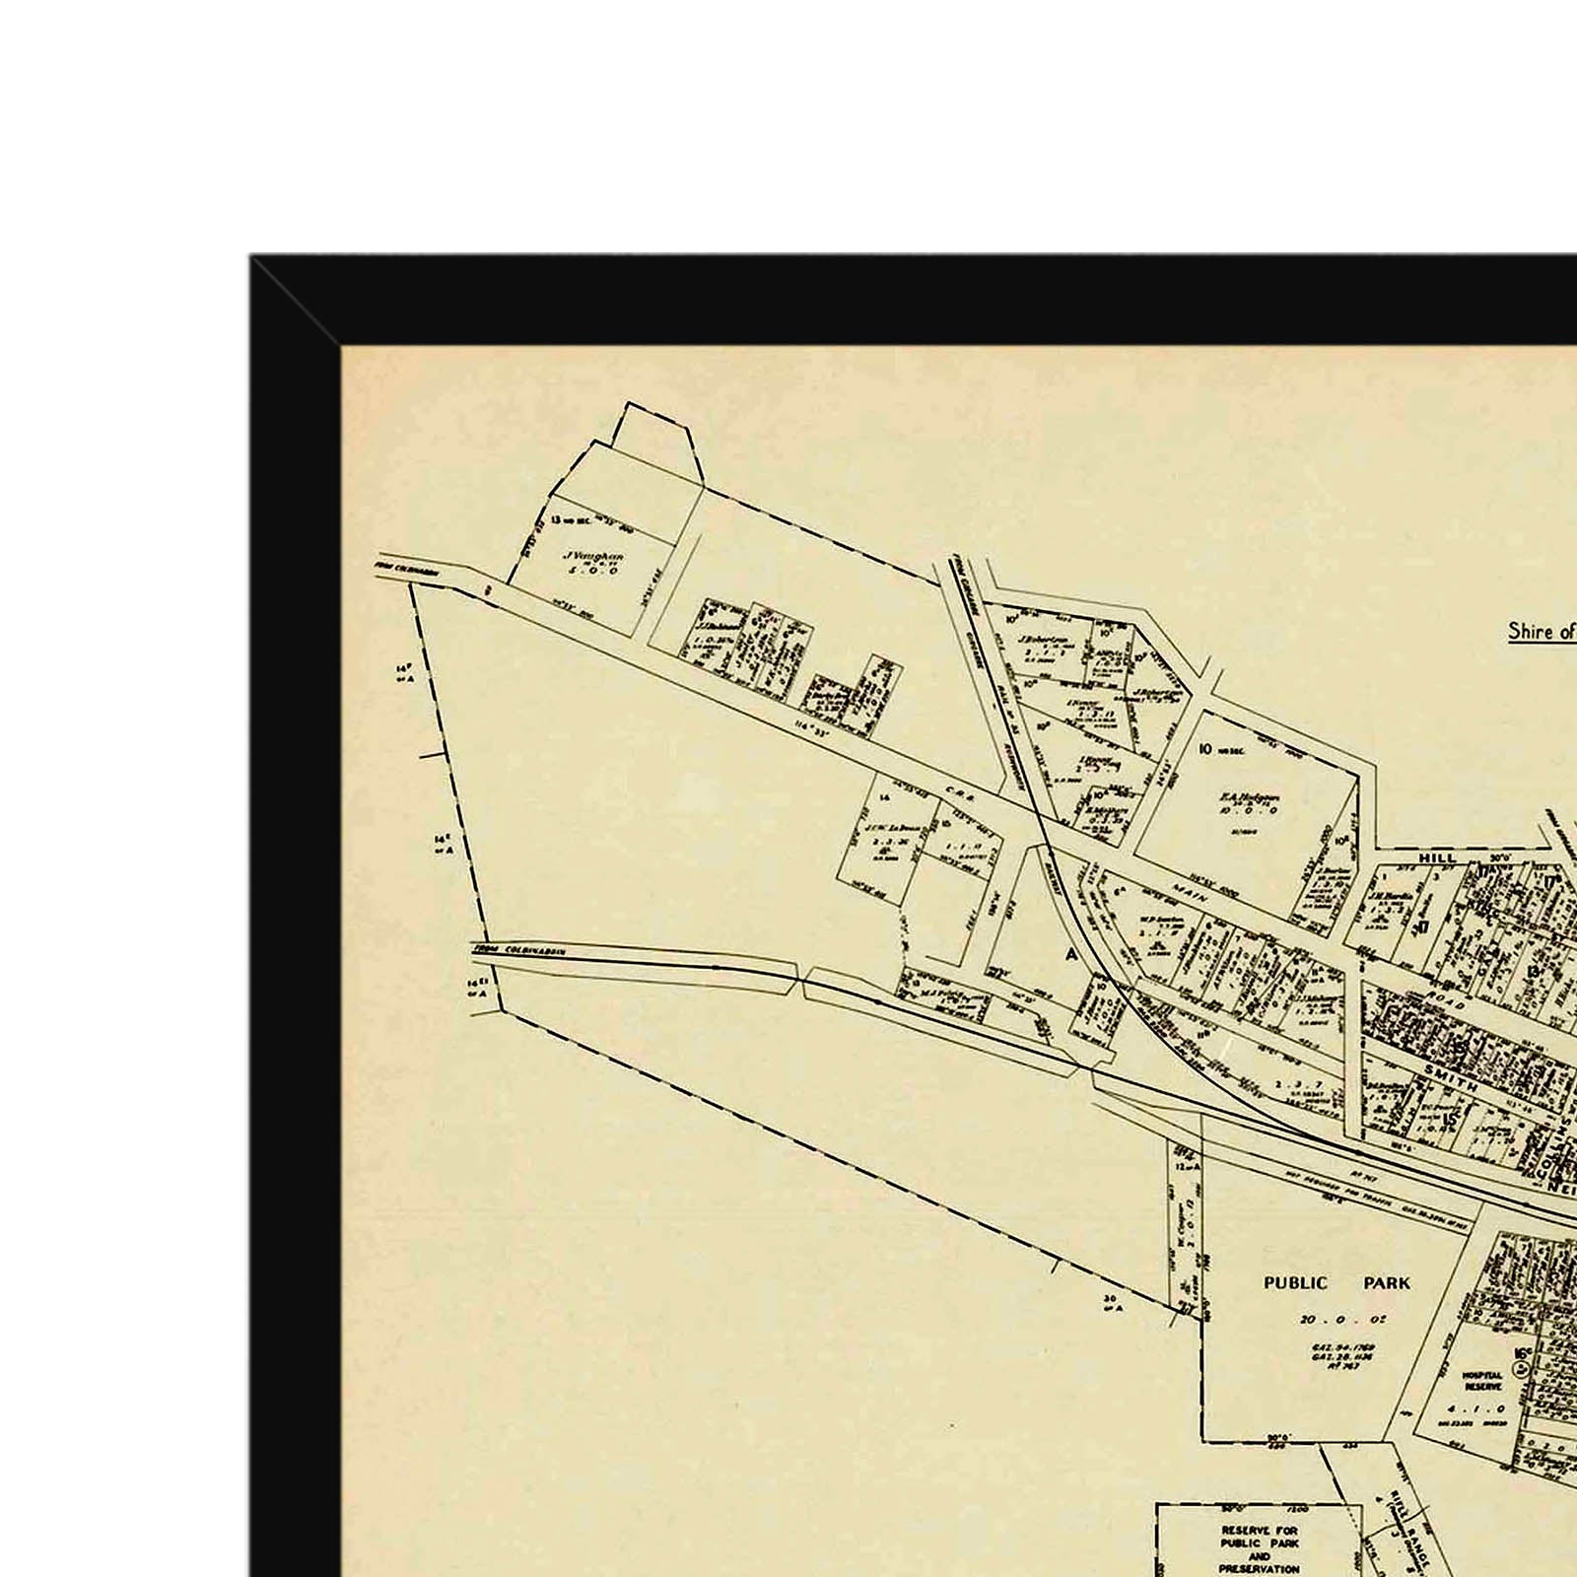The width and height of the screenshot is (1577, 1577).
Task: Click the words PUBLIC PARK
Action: (1337, 1283)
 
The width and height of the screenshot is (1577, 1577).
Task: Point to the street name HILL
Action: (1437, 858)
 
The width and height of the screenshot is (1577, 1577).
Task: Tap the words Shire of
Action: (1541, 631)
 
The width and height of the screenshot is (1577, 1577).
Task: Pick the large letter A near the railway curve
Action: (1070, 954)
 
